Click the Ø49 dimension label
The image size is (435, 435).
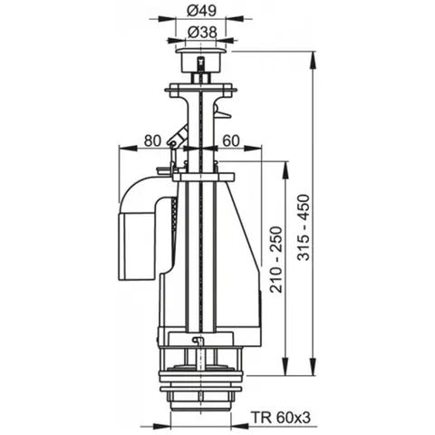pos(201,11)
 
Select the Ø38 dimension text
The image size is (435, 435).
pos(201,32)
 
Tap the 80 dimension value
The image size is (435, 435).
pos(152,140)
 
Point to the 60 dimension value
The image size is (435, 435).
pos(231,140)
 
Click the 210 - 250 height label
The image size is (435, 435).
pos(276,259)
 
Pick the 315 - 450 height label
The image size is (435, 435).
pos(303,227)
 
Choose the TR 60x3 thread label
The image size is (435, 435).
pos(281,418)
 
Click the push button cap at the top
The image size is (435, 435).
pos(201,59)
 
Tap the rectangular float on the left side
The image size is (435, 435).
pos(138,246)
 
